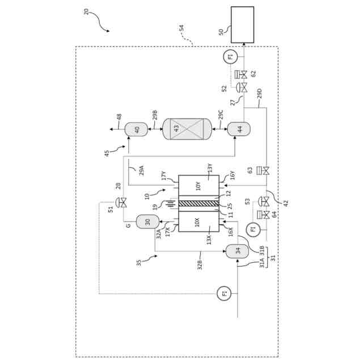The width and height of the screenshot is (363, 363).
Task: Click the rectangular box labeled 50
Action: (x=242, y=24)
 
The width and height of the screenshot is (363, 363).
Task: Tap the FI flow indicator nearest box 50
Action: (x=230, y=56)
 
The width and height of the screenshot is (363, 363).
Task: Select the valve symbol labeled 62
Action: (x=243, y=74)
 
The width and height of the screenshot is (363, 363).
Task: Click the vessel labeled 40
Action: (x=136, y=129)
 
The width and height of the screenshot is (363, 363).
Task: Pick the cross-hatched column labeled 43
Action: (x=187, y=129)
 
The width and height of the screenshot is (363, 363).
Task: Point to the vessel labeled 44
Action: (x=239, y=129)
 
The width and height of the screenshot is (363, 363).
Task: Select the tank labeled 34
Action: (x=237, y=251)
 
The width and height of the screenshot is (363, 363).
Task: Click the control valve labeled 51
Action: (x=121, y=202)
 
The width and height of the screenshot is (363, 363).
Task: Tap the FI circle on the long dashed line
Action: (x=225, y=293)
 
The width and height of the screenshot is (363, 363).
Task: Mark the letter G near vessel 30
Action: (x=129, y=225)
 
